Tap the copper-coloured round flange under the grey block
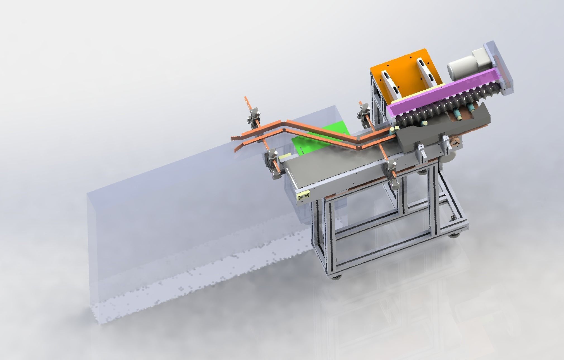(541, 142)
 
